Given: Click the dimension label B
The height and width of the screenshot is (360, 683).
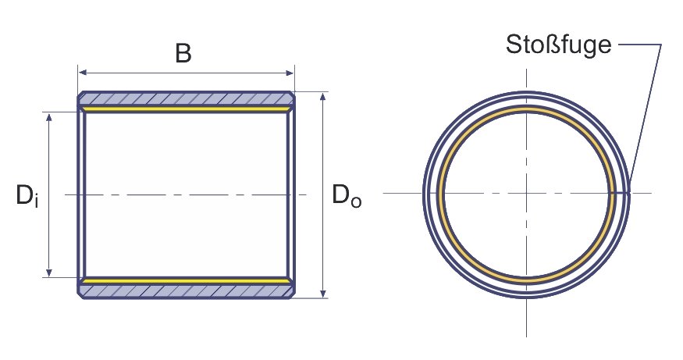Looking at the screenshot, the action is tap(183, 54).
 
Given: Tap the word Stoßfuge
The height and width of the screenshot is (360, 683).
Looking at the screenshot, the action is tap(558, 45).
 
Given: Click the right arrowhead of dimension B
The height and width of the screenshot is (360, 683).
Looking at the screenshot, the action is tap(290, 73).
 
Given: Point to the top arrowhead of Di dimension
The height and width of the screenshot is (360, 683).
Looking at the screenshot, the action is tap(49, 118).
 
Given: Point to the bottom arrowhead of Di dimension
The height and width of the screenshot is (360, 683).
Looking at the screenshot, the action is tap(49, 272).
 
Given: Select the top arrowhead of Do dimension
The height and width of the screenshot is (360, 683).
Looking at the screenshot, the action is tap(323, 97).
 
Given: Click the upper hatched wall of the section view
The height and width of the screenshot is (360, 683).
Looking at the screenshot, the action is tap(186, 99).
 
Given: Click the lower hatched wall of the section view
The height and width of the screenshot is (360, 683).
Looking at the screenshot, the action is tap(186, 291).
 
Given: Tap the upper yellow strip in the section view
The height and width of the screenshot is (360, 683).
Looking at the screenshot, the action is tap(186, 109).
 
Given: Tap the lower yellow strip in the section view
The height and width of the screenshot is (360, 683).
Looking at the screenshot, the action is tap(186, 281).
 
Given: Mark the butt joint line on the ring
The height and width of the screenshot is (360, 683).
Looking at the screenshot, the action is tap(620, 192).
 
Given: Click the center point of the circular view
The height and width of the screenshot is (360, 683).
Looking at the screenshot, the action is tap(526, 193).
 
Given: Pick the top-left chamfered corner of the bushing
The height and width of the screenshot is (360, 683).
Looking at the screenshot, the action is tap(81, 95).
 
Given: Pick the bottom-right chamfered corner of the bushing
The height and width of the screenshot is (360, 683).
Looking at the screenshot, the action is tap(291, 295).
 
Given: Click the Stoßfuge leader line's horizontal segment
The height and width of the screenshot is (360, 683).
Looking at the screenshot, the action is tap(640, 45).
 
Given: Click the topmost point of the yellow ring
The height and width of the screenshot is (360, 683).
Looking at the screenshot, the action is tap(526, 108).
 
